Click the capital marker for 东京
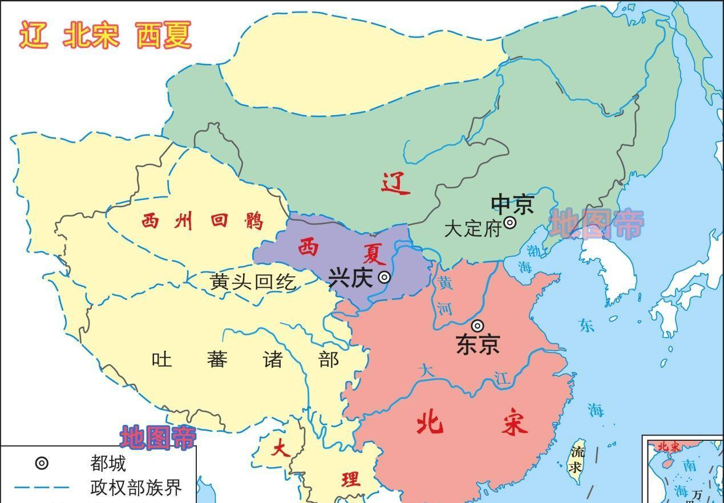(478, 326)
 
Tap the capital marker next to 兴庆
(385, 277)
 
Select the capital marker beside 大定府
(510, 222)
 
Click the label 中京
(512, 204)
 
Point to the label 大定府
(472, 229)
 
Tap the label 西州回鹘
(203, 220)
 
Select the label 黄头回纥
(253, 281)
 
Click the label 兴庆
(350, 278)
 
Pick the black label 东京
(478, 344)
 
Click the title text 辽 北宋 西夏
(106, 35)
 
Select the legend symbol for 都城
(42, 463)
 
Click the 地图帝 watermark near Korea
(597, 224)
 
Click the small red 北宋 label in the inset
(669, 447)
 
